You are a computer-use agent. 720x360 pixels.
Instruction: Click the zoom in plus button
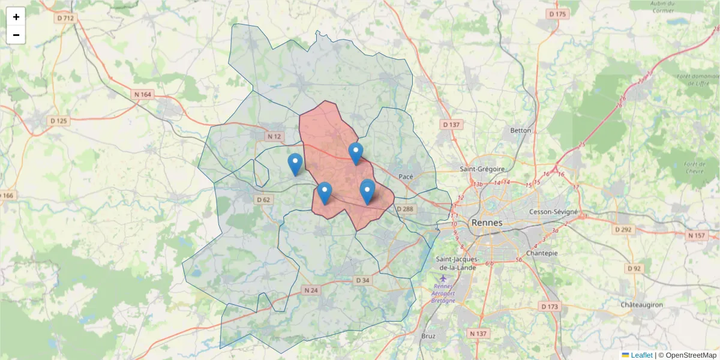(x=16, y=17)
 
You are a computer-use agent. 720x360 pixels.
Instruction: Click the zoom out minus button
(x=16, y=35)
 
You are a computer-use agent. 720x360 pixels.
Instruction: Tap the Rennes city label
(x=487, y=223)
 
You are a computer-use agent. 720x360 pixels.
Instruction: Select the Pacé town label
(x=406, y=176)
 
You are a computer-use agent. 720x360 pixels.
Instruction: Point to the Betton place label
(x=520, y=130)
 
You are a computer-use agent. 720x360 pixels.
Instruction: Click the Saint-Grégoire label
(x=482, y=169)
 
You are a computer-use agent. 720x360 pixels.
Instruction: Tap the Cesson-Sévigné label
(x=553, y=212)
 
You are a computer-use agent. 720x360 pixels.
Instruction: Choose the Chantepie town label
(x=541, y=253)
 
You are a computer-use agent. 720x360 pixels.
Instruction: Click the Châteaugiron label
(x=641, y=305)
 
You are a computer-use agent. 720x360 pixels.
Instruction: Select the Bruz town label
(x=428, y=337)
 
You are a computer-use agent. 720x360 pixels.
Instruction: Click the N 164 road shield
(x=143, y=94)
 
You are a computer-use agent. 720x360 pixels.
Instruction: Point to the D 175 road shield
(x=557, y=14)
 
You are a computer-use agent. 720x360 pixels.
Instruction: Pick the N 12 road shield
(x=274, y=136)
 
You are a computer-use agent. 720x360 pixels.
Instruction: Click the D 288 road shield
(x=405, y=209)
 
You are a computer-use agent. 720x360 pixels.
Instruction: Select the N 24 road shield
(x=310, y=290)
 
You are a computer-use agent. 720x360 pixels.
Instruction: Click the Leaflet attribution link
(x=641, y=355)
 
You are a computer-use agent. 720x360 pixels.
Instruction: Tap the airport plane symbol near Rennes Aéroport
(x=443, y=278)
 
